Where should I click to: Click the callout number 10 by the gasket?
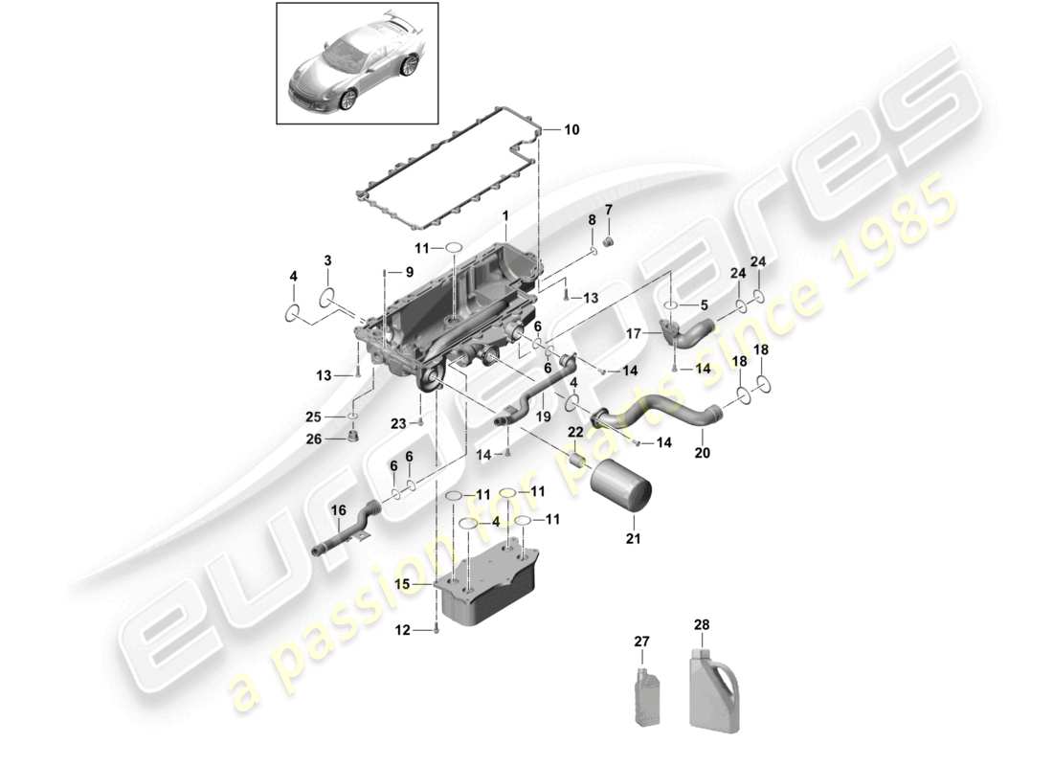tap(571, 129)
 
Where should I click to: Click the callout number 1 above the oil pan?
tap(504, 218)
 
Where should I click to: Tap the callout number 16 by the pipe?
tap(339, 512)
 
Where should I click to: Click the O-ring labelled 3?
tap(326, 296)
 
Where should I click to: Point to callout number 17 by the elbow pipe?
tap(633, 334)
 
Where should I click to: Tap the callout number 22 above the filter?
tap(574, 432)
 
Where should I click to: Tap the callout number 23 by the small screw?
tap(399, 422)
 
